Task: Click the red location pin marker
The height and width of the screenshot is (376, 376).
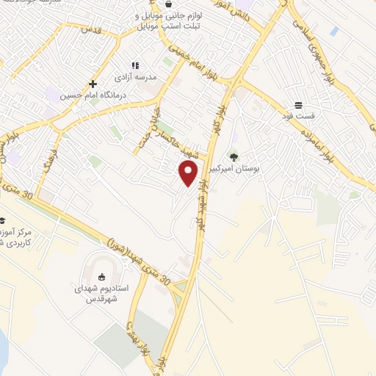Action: [x=189, y=173]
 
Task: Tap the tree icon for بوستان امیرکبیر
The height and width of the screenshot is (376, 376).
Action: [x=234, y=156]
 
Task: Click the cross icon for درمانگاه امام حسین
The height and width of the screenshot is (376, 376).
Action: [x=93, y=84]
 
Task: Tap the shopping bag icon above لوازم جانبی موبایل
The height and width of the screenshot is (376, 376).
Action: [x=169, y=4]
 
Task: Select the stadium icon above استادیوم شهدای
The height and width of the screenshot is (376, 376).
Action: [x=102, y=277]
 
